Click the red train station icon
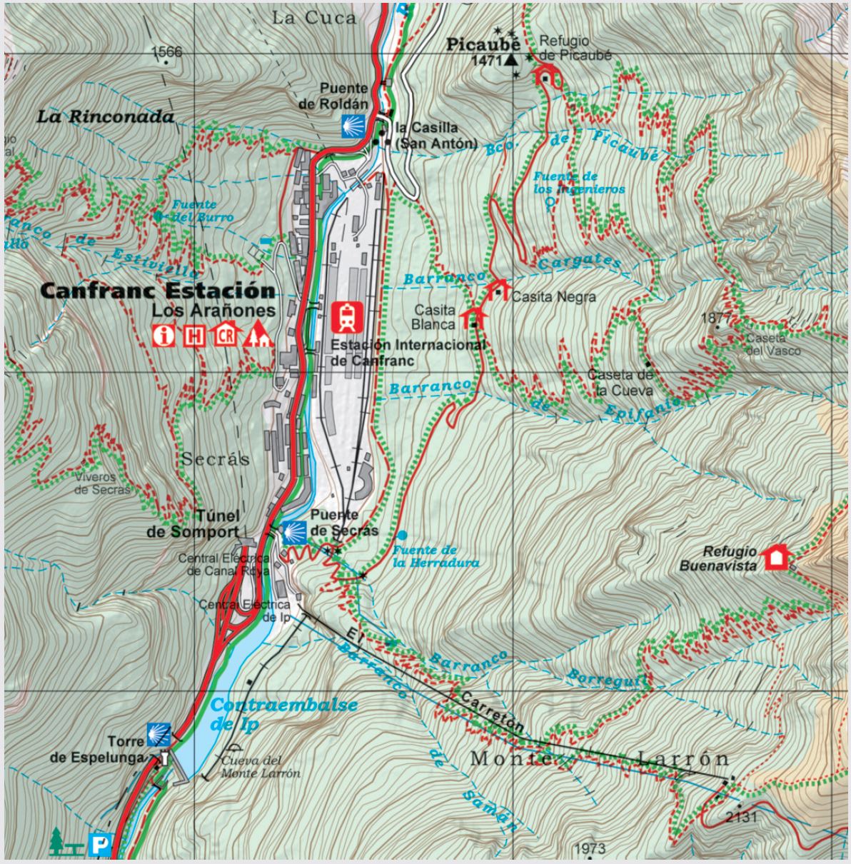point(348,318)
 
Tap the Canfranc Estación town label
point(157,291)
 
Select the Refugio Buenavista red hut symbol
point(775,557)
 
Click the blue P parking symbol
point(100,845)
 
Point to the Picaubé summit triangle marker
point(511,61)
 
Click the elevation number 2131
point(740,817)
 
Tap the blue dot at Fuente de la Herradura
point(403,535)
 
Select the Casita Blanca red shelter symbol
point(473,317)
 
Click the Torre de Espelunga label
point(98,750)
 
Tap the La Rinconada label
point(106,116)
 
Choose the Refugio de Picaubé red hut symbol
point(547,74)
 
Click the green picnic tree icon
point(58,841)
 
